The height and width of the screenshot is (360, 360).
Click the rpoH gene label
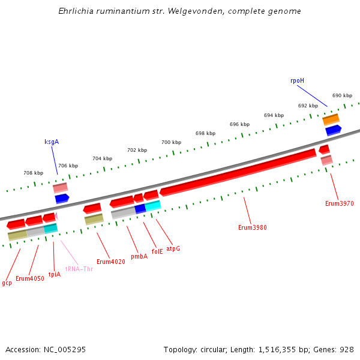(x=297, y=80)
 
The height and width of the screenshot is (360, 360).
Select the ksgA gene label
(x=52, y=142)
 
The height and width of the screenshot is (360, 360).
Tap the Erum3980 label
(x=252, y=227)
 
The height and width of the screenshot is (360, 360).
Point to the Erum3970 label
(x=339, y=203)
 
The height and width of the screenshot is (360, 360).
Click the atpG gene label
(x=173, y=248)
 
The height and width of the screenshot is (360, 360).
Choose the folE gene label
(x=157, y=252)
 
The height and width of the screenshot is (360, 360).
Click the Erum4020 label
(x=110, y=262)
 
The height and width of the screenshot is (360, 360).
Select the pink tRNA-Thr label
(x=79, y=269)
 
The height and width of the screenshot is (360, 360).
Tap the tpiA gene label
(x=55, y=274)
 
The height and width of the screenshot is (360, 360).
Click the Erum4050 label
(x=29, y=278)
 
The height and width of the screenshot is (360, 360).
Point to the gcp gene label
(x=7, y=283)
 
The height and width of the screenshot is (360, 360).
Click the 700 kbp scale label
(x=171, y=142)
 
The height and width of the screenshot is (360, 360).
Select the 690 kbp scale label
(x=342, y=95)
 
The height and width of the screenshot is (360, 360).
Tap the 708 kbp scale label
(x=33, y=173)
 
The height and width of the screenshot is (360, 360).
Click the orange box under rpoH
(x=331, y=119)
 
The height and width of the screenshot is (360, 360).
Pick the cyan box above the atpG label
(x=153, y=206)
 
